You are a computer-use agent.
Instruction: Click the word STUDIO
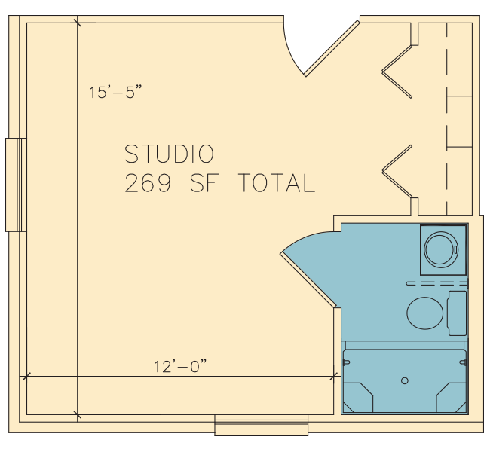coord(170,154)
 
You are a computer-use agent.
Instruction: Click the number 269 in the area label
coord(148,183)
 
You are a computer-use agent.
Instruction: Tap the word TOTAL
coord(277,183)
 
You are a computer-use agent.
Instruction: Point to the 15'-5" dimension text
coord(115,93)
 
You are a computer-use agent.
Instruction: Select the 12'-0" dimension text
coord(180,366)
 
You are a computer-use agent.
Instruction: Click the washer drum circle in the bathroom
coord(441,249)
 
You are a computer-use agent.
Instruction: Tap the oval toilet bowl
coord(425,313)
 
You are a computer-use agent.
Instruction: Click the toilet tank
coord(457,313)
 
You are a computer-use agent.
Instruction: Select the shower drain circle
coord(405,380)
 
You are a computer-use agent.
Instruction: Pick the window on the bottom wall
coord(262,425)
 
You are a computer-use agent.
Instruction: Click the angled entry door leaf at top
coord(332,48)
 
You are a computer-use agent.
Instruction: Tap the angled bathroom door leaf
coord(308,279)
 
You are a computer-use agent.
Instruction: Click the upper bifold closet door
coord(397,72)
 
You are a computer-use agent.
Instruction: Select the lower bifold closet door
coord(397,171)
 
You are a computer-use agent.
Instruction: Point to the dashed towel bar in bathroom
coord(437,284)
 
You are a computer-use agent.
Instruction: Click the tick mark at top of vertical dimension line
coord(77,23)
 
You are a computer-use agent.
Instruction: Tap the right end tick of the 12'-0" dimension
coord(334,377)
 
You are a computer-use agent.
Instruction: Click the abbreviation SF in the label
coord(204,183)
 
